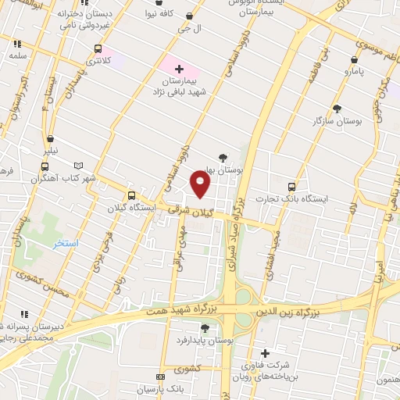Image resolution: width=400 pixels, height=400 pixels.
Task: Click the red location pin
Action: click(201, 184)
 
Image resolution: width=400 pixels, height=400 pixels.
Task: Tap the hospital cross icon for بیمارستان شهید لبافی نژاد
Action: click(180, 70)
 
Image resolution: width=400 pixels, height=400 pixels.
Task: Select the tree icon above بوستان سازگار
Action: click(337, 109)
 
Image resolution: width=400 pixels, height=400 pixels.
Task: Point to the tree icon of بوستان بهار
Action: click(223, 157)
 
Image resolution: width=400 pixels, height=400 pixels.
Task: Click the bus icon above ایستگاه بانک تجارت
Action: click(291, 187)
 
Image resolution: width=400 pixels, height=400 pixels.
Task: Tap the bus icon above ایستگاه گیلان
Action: click(130, 195)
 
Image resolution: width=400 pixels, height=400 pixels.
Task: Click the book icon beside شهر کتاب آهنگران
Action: click(77, 166)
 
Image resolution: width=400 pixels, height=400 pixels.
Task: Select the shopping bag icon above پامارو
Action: click(355, 59)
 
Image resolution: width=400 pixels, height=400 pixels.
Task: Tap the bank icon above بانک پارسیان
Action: click(160, 377)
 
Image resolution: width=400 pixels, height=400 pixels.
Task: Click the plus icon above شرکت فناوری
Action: click(265, 353)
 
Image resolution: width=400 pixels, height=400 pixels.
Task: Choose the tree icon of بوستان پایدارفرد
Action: click(205, 328)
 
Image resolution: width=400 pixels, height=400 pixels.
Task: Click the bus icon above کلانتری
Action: click(98, 48)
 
